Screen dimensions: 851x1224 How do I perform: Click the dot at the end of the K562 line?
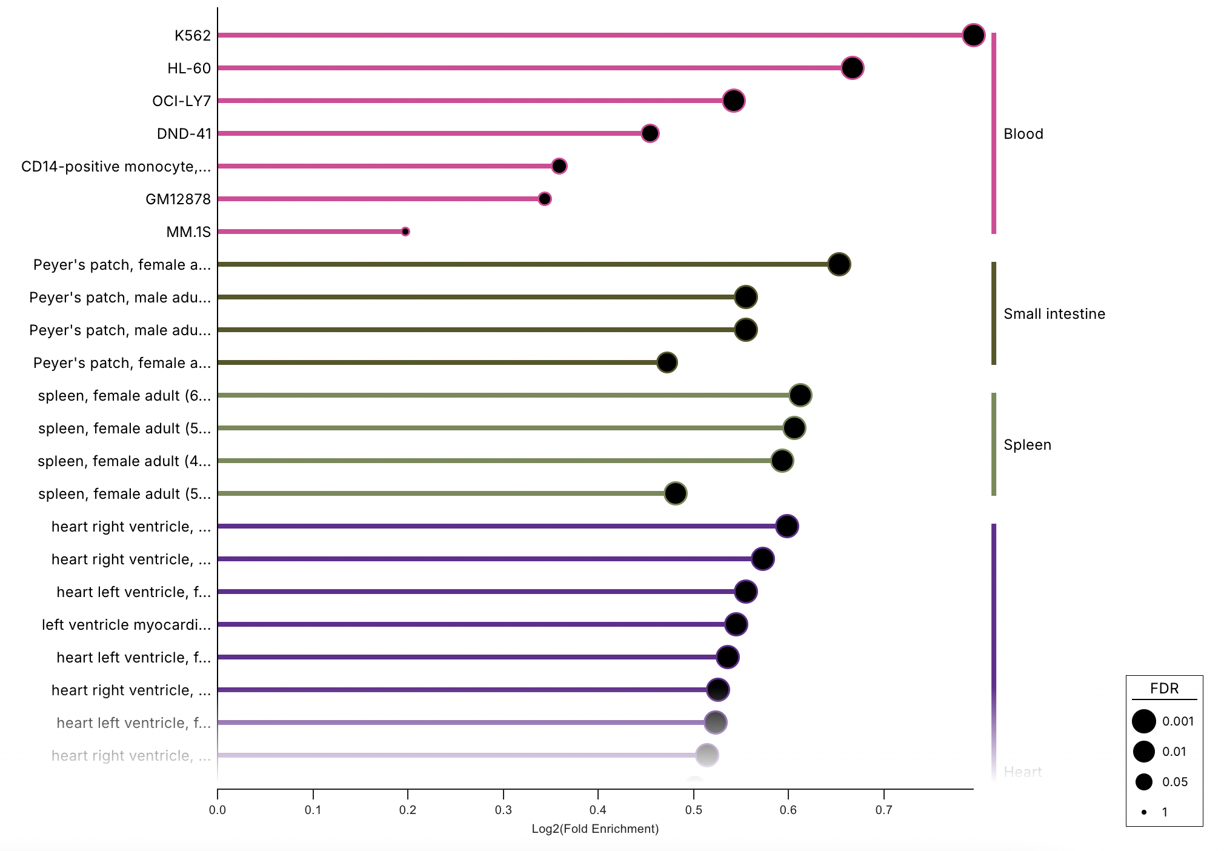[973, 35]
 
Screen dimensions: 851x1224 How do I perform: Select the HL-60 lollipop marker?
[852, 68]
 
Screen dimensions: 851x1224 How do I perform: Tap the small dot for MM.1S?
[405, 232]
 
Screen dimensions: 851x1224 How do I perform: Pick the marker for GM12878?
[544, 199]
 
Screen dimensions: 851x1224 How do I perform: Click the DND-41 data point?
[650, 133]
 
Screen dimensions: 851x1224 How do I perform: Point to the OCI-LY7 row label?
[181, 101]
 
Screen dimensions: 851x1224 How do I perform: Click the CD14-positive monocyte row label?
[116, 166]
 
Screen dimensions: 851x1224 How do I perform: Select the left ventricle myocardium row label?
[126, 624]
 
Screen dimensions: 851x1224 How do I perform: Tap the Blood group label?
[1023, 134]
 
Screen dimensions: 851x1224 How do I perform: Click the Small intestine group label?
[1054, 314]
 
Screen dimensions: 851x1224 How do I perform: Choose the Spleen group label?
[1027, 445]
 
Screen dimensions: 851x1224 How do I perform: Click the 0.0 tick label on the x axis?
[218, 810]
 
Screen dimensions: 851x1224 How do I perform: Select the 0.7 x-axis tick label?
[883, 810]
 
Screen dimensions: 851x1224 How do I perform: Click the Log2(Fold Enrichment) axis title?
[594, 829]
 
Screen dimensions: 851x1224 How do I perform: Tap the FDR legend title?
[1164, 689]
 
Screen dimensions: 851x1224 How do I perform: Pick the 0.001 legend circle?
[1143, 721]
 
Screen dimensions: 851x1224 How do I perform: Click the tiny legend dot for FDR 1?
[1143, 812]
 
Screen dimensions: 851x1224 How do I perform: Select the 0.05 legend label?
[1174, 782]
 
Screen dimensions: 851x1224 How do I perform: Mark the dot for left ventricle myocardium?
[736, 624]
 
